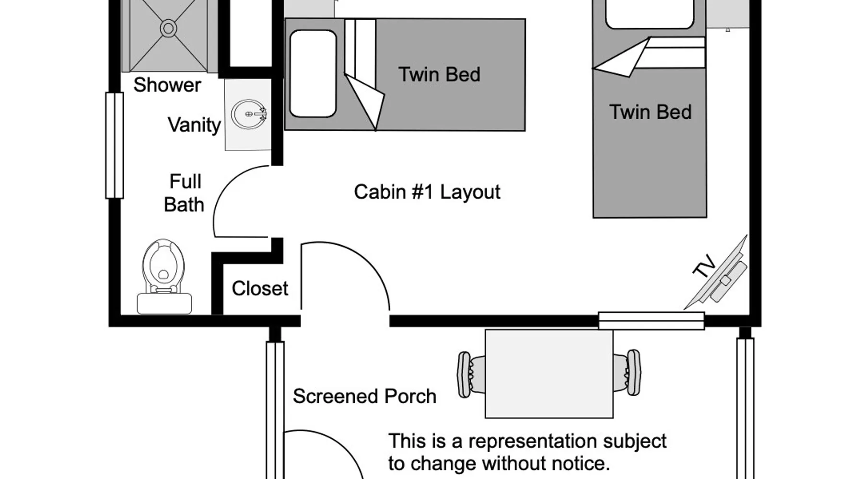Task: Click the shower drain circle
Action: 168,28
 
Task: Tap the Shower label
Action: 167,85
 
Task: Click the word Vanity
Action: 194,125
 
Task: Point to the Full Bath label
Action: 184,193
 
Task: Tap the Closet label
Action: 260,288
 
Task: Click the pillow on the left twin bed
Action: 313,73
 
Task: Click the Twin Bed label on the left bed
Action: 439,74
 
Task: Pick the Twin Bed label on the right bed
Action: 650,112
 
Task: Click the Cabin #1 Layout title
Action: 427,192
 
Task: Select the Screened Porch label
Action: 364,396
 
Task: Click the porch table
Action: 549,374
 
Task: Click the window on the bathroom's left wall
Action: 114,145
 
